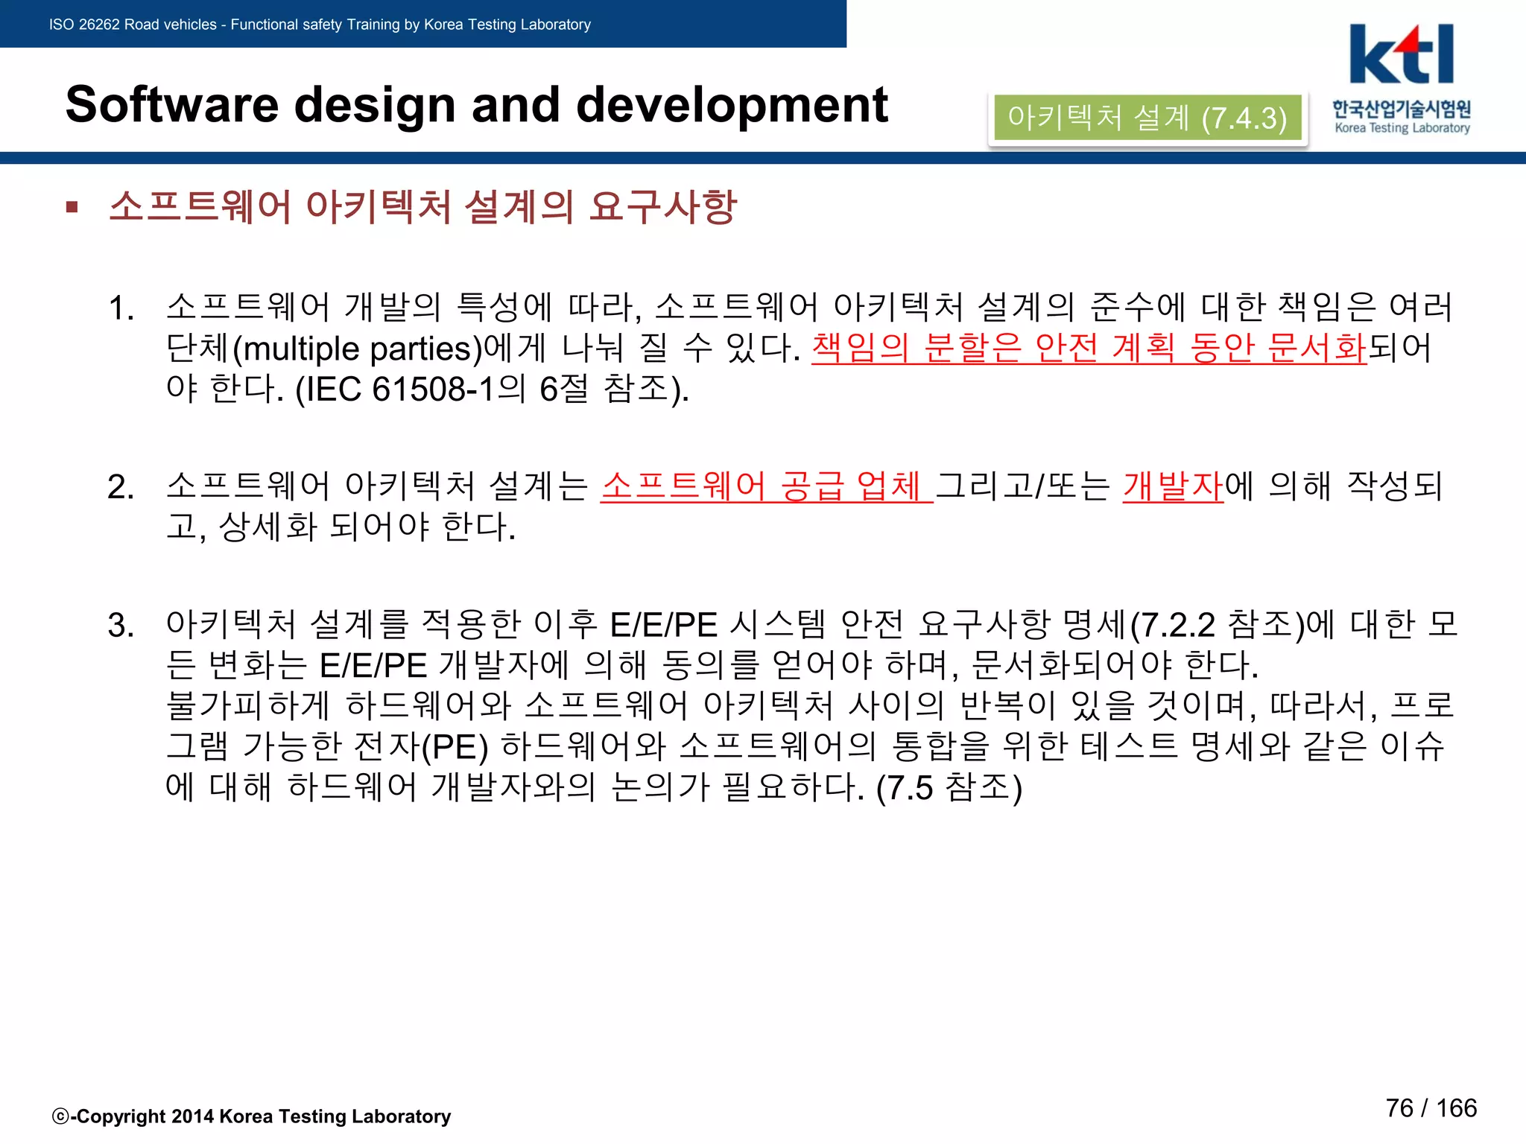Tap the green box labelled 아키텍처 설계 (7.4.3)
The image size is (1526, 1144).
[x=1147, y=118]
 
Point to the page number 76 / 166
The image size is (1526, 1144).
[x=1431, y=1108]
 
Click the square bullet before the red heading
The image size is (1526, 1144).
[x=72, y=207]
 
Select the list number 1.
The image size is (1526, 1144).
[x=121, y=308]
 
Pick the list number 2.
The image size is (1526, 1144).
[x=121, y=487]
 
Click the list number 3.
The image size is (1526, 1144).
[x=121, y=626]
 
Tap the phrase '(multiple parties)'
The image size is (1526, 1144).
[x=358, y=349]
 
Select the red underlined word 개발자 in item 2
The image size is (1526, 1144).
[x=1173, y=486]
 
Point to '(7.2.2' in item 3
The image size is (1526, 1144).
[x=1173, y=625]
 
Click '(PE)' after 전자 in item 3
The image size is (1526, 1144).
[x=455, y=747]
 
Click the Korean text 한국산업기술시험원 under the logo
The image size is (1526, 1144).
[x=1402, y=109]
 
